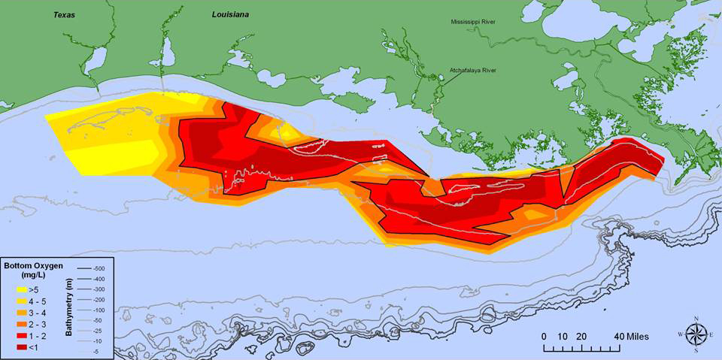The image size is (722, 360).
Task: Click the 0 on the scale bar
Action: point(545,336)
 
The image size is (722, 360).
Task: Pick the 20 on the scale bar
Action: point(581,336)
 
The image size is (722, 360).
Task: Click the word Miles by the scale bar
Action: point(636,336)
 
